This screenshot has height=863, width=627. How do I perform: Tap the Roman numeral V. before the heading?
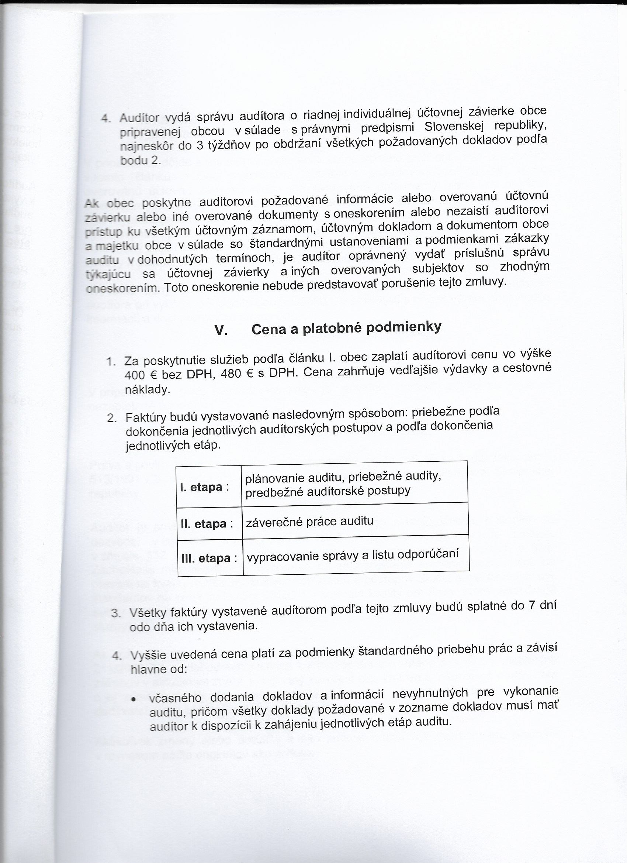[221, 331]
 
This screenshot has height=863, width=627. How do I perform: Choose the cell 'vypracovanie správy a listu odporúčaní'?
[353, 555]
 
